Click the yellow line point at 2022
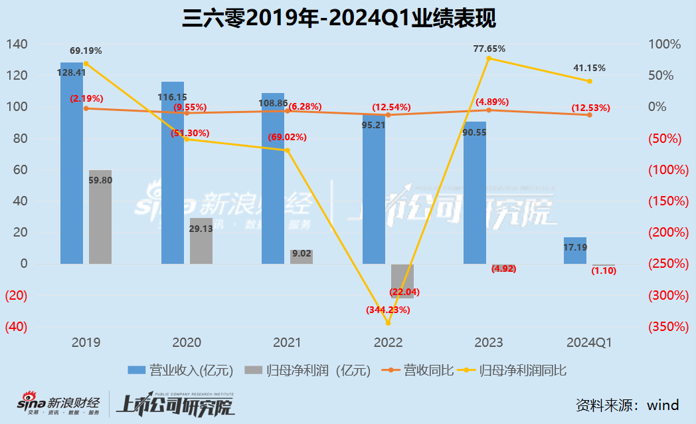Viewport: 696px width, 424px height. pyautogui.click(x=389, y=324)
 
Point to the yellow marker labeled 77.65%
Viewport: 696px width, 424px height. pyautogui.click(x=489, y=58)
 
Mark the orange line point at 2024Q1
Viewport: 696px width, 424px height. pyautogui.click(x=589, y=115)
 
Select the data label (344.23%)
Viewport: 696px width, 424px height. pyautogui.click(x=389, y=310)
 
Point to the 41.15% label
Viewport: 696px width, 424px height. pyautogui.click(x=589, y=68)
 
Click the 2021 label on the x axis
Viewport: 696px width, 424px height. pyautogui.click(x=287, y=343)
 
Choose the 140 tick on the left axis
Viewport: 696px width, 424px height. pyautogui.click(x=17, y=45)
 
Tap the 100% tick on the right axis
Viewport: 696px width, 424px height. pyautogui.click(x=665, y=45)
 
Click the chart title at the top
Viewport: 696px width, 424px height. pyautogui.click(x=339, y=18)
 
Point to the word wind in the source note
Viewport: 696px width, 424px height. pyautogui.click(x=663, y=404)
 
